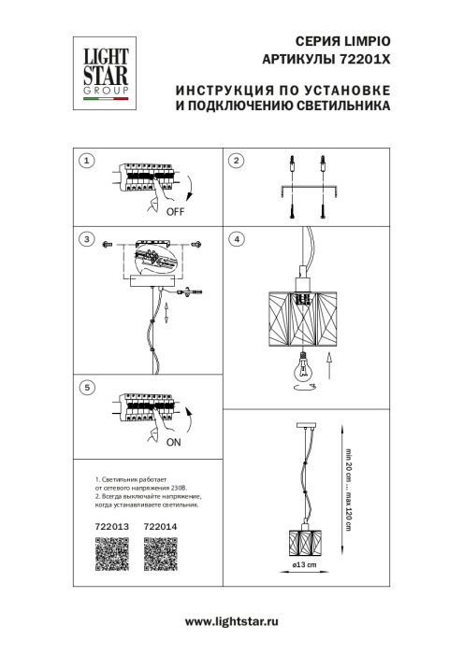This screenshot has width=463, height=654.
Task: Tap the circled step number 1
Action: [x=87, y=162]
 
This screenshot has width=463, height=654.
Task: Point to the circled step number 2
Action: [x=238, y=162]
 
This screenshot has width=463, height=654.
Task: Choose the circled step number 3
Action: [x=87, y=240]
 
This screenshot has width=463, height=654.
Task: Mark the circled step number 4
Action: [x=238, y=240]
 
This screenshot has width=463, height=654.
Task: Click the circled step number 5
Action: [x=87, y=386]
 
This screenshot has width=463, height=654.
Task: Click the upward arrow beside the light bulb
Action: [x=328, y=363]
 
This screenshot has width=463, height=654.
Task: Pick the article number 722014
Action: [x=160, y=527]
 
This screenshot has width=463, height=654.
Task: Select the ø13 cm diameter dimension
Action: [x=305, y=567]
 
